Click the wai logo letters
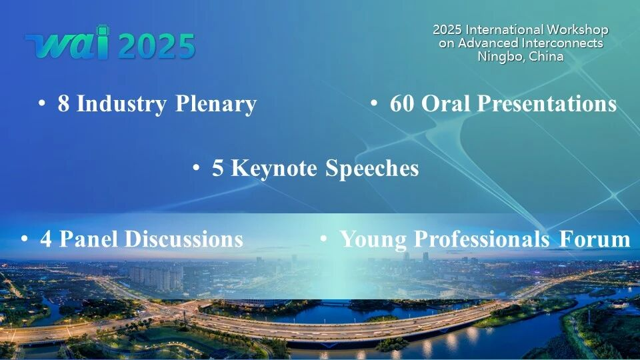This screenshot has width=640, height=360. pos(68,43)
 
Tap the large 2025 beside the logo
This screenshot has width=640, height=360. pos(157,46)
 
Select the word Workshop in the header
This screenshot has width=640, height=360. pos(577,30)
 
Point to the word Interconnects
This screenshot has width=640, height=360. pos(562,43)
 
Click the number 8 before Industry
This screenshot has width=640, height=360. pos(63,103)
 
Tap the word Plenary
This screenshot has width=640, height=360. pos(215,104)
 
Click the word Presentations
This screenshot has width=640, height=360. pos(547,103)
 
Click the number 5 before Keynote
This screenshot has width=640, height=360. pos(217,168)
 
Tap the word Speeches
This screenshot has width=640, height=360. pos(372,169)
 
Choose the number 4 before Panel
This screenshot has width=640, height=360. pos(46,239)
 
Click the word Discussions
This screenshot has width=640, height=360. pos(184,239)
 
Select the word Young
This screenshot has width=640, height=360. pos(373,239)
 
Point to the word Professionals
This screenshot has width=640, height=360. pos(481,239)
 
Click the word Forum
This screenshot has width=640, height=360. pos(595,239)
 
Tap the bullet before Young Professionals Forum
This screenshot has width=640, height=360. pos(324,239)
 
